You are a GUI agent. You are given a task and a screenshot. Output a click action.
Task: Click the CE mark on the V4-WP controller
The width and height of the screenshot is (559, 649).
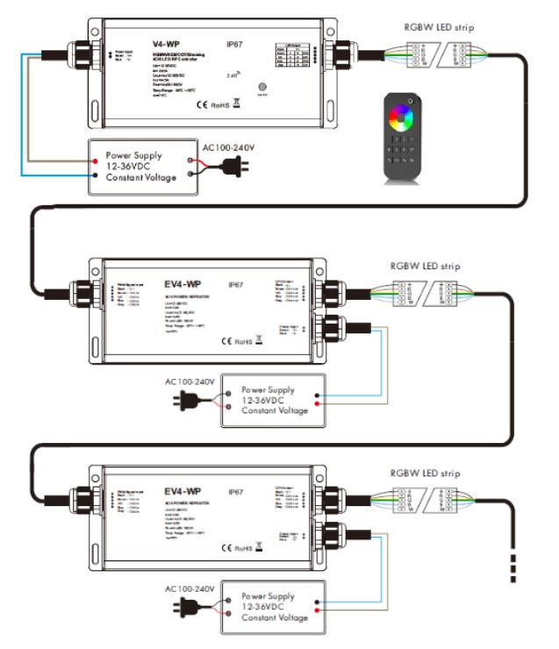coord(201,107)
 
